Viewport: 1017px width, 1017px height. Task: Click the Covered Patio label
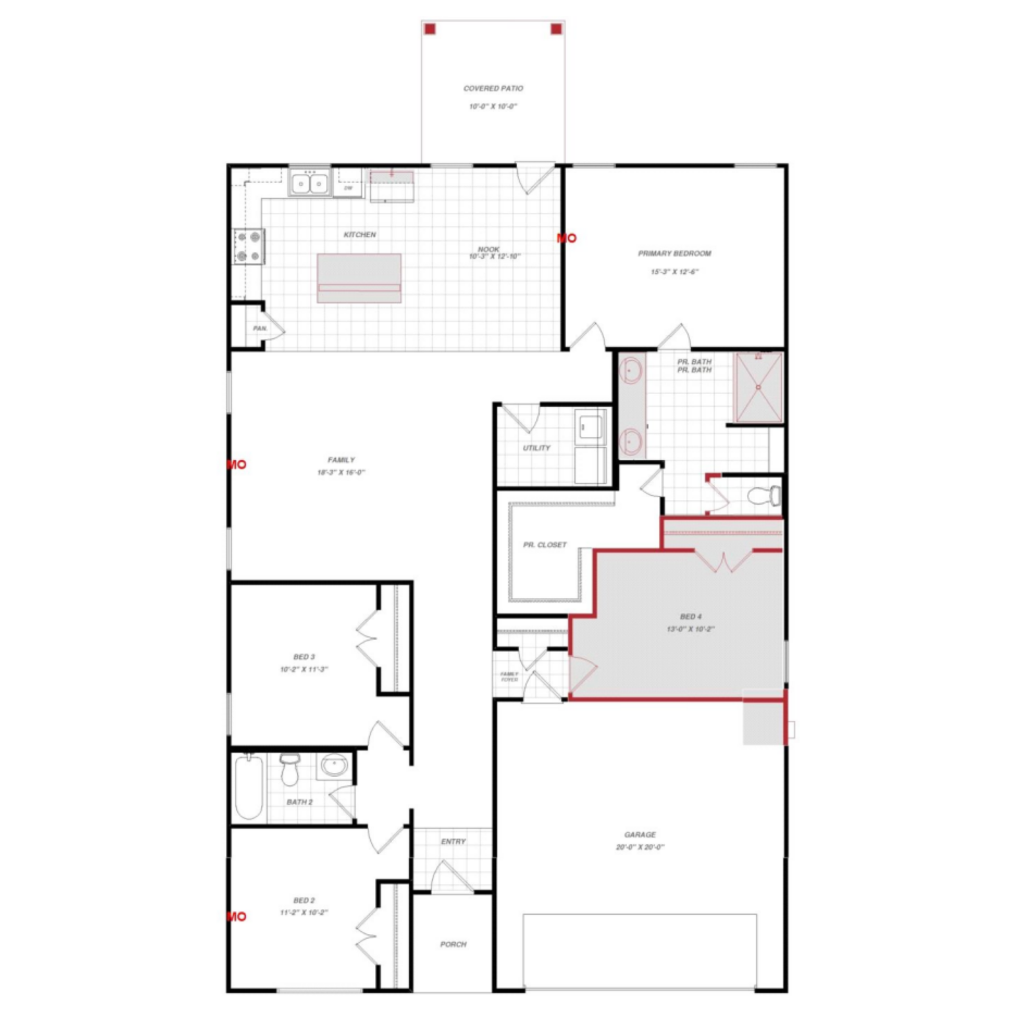coord(493,88)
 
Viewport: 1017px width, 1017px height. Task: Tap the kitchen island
coord(359,278)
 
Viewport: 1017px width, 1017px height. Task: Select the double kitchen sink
coord(309,184)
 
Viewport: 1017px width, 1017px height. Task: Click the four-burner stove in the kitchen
coord(249,246)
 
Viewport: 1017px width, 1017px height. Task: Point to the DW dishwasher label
coord(348,188)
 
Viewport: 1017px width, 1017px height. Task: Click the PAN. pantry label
coord(260,328)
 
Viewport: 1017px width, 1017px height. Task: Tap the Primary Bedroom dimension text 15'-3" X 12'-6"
coord(674,272)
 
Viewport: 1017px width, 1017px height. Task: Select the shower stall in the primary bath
coord(758,387)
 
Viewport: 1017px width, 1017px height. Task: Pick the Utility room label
coord(537,448)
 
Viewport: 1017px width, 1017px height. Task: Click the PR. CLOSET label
coord(545,545)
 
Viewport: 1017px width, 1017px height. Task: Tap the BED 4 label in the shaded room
coord(691,617)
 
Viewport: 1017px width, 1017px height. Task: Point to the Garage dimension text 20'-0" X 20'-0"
coord(640,847)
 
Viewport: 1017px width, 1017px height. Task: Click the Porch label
coord(453,944)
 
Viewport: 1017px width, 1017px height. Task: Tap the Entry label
coord(453,841)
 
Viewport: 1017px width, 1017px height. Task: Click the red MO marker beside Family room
coord(236,465)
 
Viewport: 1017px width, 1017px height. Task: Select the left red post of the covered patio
coord(430,29)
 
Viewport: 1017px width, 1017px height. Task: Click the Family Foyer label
coord(509,676)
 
